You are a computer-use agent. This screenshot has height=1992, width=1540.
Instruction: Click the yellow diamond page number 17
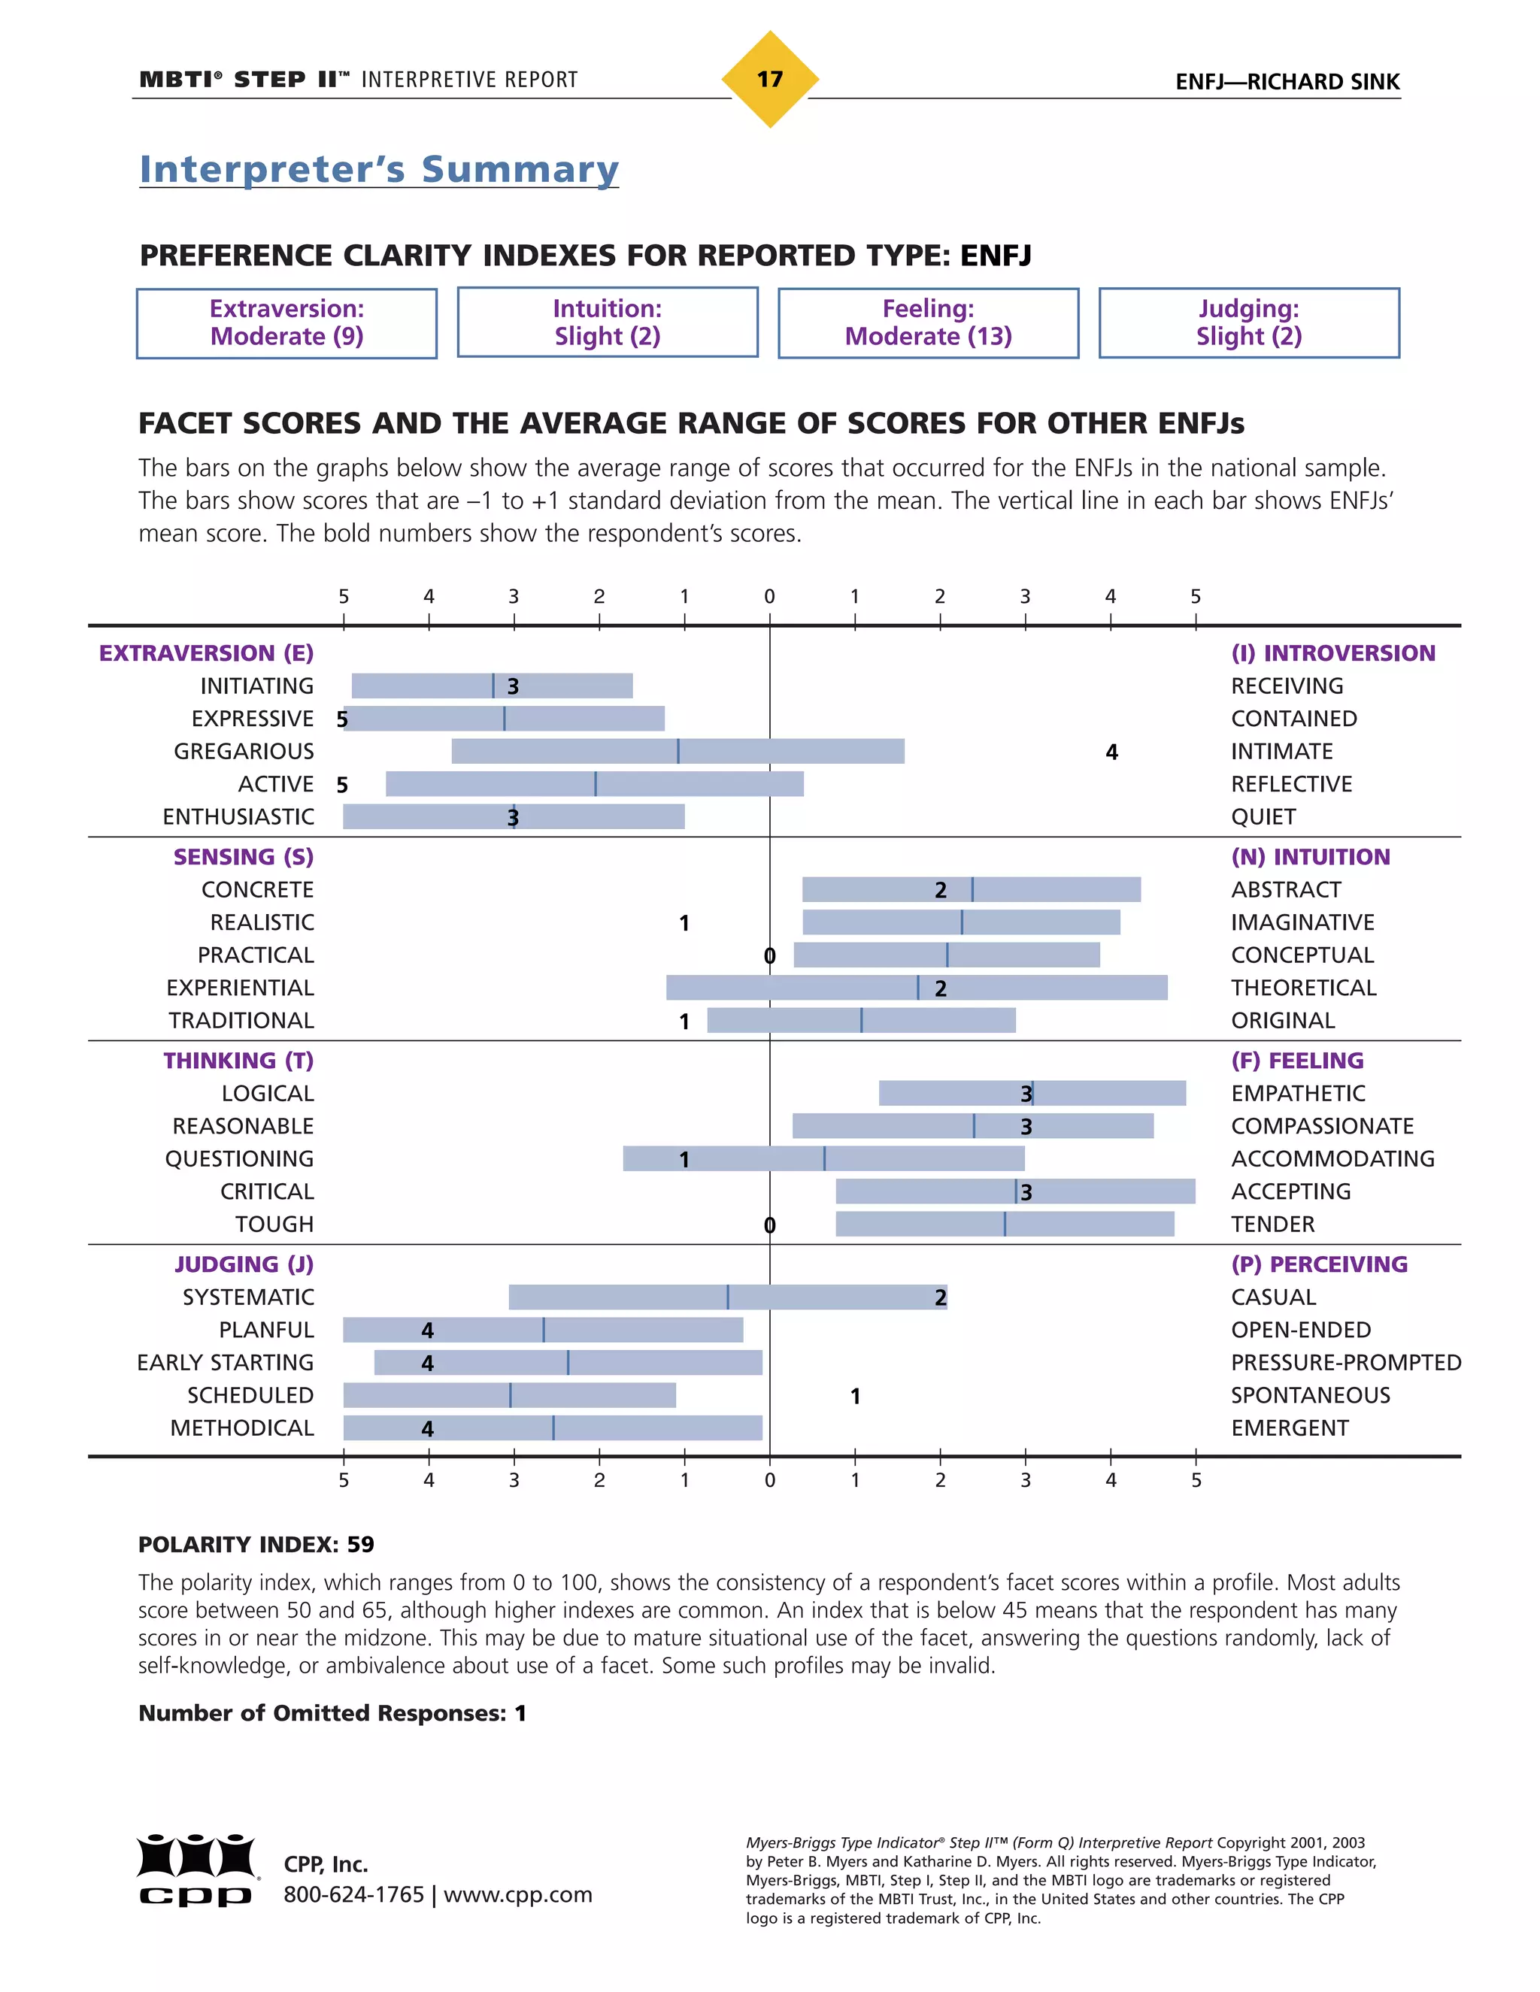(x=769, y=80)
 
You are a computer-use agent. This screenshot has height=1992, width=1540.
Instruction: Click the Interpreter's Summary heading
(x=379, y=170)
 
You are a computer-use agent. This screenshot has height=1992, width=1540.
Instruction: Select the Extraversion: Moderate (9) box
(x=286, y=323)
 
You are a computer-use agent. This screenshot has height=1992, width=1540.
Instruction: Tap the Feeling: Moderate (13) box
(x=928, y=323)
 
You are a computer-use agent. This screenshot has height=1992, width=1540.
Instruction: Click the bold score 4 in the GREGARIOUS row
(x=1111, y=752)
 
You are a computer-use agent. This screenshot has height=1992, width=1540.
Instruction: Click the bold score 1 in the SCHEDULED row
(x=855, y=1397)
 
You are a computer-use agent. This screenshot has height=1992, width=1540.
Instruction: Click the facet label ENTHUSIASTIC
(x=238, y=817)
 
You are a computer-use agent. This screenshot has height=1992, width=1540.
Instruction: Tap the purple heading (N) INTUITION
(x=1310, y=858)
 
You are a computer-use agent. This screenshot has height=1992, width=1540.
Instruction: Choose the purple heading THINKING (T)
(x=238, y=1061)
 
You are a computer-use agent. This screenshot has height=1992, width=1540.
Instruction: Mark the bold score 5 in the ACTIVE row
(x=342, y=786)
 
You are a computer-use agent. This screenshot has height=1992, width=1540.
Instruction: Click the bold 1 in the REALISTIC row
(x=684, y=924)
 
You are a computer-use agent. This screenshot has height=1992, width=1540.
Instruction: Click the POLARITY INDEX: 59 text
(x=256, y=1544)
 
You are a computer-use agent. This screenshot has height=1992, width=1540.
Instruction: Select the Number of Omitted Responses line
(x=332, y=1713)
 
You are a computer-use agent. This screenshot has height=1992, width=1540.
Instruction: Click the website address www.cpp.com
(x=517, y=1895)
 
